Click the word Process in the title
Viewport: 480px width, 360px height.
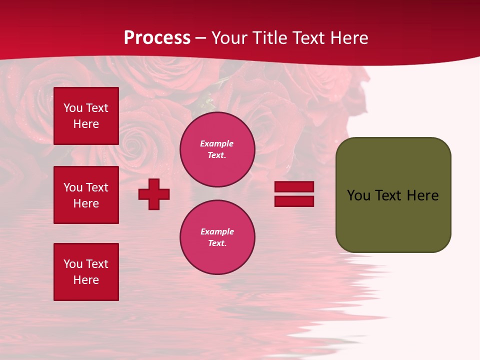pyautogui.click(x=157, y=38)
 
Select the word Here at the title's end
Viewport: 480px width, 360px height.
pyautogui.click(x=348, y=38)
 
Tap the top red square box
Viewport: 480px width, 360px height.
pyautogui.click(x=86, y=116)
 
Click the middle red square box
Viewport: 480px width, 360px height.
pyautogui.click(x=86, y=195)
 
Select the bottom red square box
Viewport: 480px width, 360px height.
pyautogui.click(x=86, y=272)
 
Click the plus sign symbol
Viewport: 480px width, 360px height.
pyautogui.click(x=154, y=194)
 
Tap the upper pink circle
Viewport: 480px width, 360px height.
pyautogui.click(x=217, y=149)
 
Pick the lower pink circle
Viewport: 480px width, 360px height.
pyautogui.click(x=217, y=237)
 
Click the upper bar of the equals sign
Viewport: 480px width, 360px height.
pyautogui.click(x=294, y=186)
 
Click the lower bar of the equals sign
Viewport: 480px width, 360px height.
pyautogui.click(x=294, y=201)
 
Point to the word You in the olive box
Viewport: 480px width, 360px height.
pyautogui.click(x=358, y=195)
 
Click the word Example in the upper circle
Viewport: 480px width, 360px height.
pyautogui.click(x=217, y=144)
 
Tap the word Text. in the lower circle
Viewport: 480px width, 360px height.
pyautogui.click(x=217, y=243)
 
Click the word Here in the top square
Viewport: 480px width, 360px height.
pyautogui.click(x=86, y=124)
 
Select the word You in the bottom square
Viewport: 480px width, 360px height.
pyautogui.click(x=73, y=264)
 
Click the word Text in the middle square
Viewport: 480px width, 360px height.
pyautogui.click(x=97, y=187)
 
